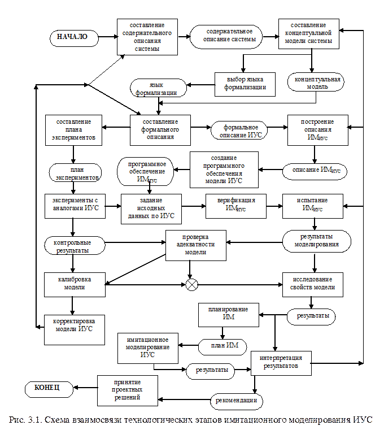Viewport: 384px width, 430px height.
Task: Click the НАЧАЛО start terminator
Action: pos(73,38)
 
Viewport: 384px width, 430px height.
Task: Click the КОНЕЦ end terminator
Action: pos(49,389)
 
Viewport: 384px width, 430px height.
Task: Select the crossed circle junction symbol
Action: pos(192,285)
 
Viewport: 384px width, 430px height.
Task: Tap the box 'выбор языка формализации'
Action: pos(245,84)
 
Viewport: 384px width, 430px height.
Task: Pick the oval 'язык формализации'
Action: pos(158,88)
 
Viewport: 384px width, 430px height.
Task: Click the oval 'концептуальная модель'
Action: pos(316,82)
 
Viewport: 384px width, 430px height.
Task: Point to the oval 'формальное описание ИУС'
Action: pos(240,131)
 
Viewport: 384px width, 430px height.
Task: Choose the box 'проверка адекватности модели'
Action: pos(195,245)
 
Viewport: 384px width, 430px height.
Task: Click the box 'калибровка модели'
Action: pos(75,284)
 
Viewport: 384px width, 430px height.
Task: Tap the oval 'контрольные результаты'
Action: pos(75,246)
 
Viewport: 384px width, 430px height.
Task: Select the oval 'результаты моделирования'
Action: pos(316,241)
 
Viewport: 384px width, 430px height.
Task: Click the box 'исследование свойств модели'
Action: pos(312,284)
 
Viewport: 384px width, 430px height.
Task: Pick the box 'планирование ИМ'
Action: pos(228,314)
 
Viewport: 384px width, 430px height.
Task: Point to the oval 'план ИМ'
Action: pos(222,346)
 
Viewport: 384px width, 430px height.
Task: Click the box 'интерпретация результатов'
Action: pos(281,362)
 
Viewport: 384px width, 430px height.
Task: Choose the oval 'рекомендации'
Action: pos(237,401)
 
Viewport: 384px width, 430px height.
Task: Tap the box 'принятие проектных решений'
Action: pos(127,390)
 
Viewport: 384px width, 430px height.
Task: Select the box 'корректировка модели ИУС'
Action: pos(75,329)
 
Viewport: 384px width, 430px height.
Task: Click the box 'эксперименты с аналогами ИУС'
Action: pos(75,206)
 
